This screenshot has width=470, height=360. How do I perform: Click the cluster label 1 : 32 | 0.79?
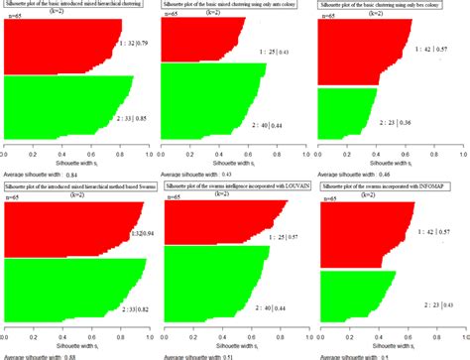pyautogui.click(x=136, y=44)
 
